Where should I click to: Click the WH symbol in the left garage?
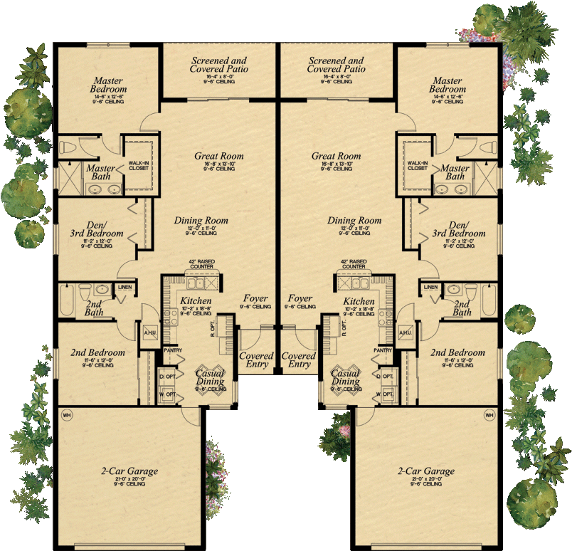67,414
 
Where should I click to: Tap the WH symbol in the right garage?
489,414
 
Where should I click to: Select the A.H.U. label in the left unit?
150,332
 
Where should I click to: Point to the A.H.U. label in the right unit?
406,332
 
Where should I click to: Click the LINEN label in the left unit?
125,288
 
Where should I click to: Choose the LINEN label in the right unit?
430,288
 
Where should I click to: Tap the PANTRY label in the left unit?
173,350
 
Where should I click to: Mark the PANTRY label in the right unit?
383,350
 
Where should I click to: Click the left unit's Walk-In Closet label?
138,166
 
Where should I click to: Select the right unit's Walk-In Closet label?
418,166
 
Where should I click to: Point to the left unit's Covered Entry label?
256,360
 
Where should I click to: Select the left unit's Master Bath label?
100,172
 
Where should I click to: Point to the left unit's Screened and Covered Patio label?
218,66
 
